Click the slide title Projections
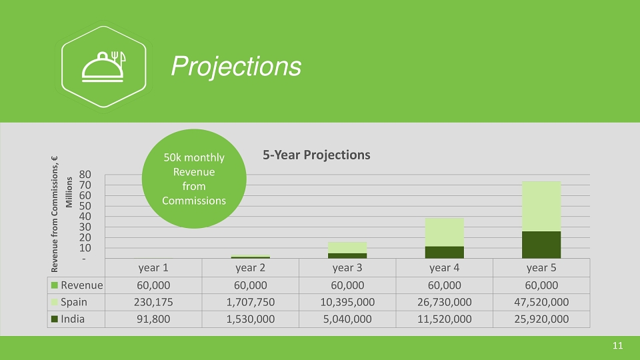click(236, 66)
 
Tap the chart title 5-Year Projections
click(316, 155)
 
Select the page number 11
click(617, 346)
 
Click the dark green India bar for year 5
click(541, 245)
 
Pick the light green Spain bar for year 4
click(445, 232)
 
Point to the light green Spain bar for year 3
click(347, 248)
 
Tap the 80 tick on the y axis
click(85, 175)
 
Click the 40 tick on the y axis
click(85, 216)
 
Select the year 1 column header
click(153, 268)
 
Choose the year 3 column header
click(347, 268)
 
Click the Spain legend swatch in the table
click(54, 302)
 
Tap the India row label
click(73, 319)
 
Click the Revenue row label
click(81, 285)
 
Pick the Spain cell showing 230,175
click(153, 302)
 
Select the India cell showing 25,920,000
click(541, 319)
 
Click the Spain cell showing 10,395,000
click(347, 302)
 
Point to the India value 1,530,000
click(251, 319)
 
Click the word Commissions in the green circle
click(194, 201)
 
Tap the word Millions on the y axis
click(69, 192)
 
